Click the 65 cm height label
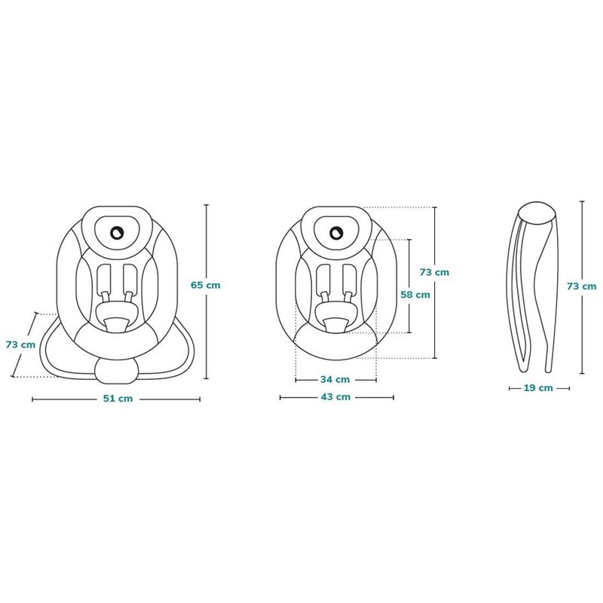(205, 286)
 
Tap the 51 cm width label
(118, 399)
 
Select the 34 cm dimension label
(335, 380)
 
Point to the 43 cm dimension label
(335, 397)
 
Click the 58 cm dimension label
(415, 295)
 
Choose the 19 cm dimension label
(538, 388)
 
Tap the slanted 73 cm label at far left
(20, 344)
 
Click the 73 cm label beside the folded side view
(581, 286)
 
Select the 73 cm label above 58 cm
(434, 272)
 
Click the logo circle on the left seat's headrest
(117, 232)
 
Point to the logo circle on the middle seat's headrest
(336, 232)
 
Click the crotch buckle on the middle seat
(335, 326)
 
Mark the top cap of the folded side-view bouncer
(537, 213)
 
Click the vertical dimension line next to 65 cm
(207, 292)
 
